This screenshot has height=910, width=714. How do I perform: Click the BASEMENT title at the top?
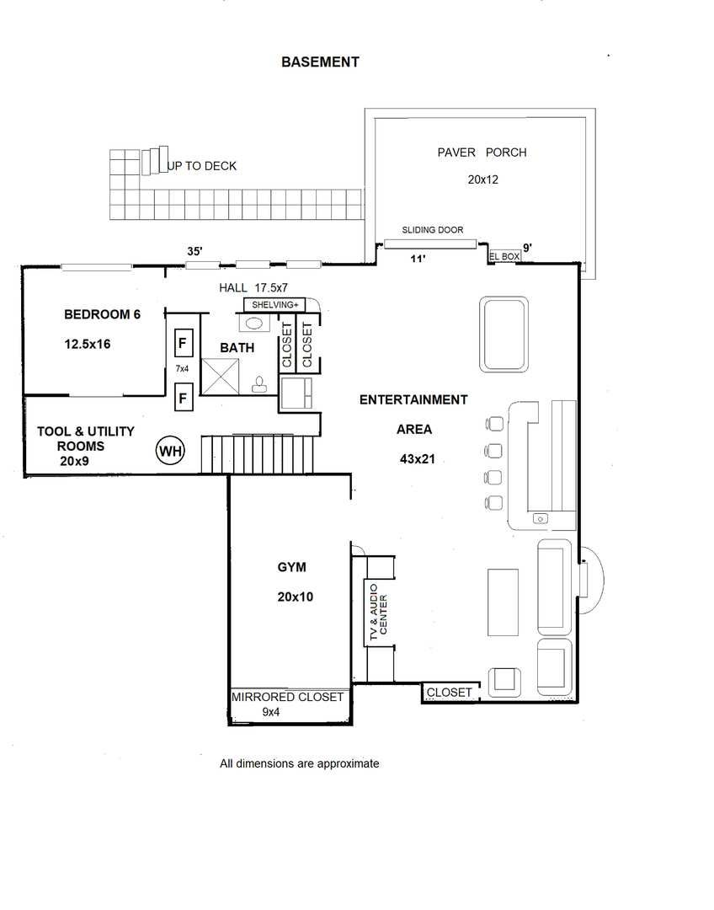pos(320,62)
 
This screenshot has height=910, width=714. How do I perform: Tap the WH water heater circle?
pos(171,451)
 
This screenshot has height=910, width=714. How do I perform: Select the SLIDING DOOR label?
pos(433,230)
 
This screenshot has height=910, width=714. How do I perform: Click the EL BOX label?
pos(504,256)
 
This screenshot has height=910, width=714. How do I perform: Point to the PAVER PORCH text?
pos(482,153)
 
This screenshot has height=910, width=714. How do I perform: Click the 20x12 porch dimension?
pos(483,180)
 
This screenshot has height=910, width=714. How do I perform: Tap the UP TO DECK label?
pos(202,166)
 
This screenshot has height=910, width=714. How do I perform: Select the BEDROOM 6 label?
pos(102,314)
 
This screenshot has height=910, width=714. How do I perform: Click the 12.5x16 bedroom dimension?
pos(87,344)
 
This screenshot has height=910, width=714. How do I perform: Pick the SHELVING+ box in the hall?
pos(275,305)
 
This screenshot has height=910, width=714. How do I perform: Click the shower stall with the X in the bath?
pos(220,377)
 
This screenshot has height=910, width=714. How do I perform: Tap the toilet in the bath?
pos(259,384)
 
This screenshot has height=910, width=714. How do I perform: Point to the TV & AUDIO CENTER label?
pos(378,613)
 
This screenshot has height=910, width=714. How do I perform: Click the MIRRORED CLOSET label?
pos(288,697)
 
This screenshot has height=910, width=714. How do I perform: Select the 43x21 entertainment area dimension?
pos(417,459)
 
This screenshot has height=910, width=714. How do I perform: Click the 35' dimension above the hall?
pos(194,251)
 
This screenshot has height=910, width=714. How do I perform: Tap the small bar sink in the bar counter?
pos(541,518)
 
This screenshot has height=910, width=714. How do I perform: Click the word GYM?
pos(292,567)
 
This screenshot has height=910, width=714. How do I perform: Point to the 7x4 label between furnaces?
pos(182,368)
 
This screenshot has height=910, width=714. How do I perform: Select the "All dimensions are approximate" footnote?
pos(299,763)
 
